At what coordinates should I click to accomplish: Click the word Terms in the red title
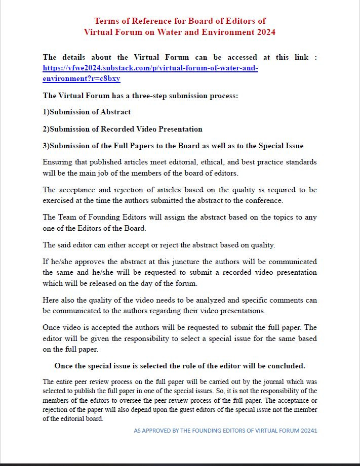(106, 21)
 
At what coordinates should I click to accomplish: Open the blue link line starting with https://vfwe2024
(150, 68)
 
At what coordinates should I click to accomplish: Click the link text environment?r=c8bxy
(82, 78)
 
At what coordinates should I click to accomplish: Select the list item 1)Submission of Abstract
(87, 112)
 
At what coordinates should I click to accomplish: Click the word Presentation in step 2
(180, 129)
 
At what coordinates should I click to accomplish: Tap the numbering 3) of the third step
(46, 146)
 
